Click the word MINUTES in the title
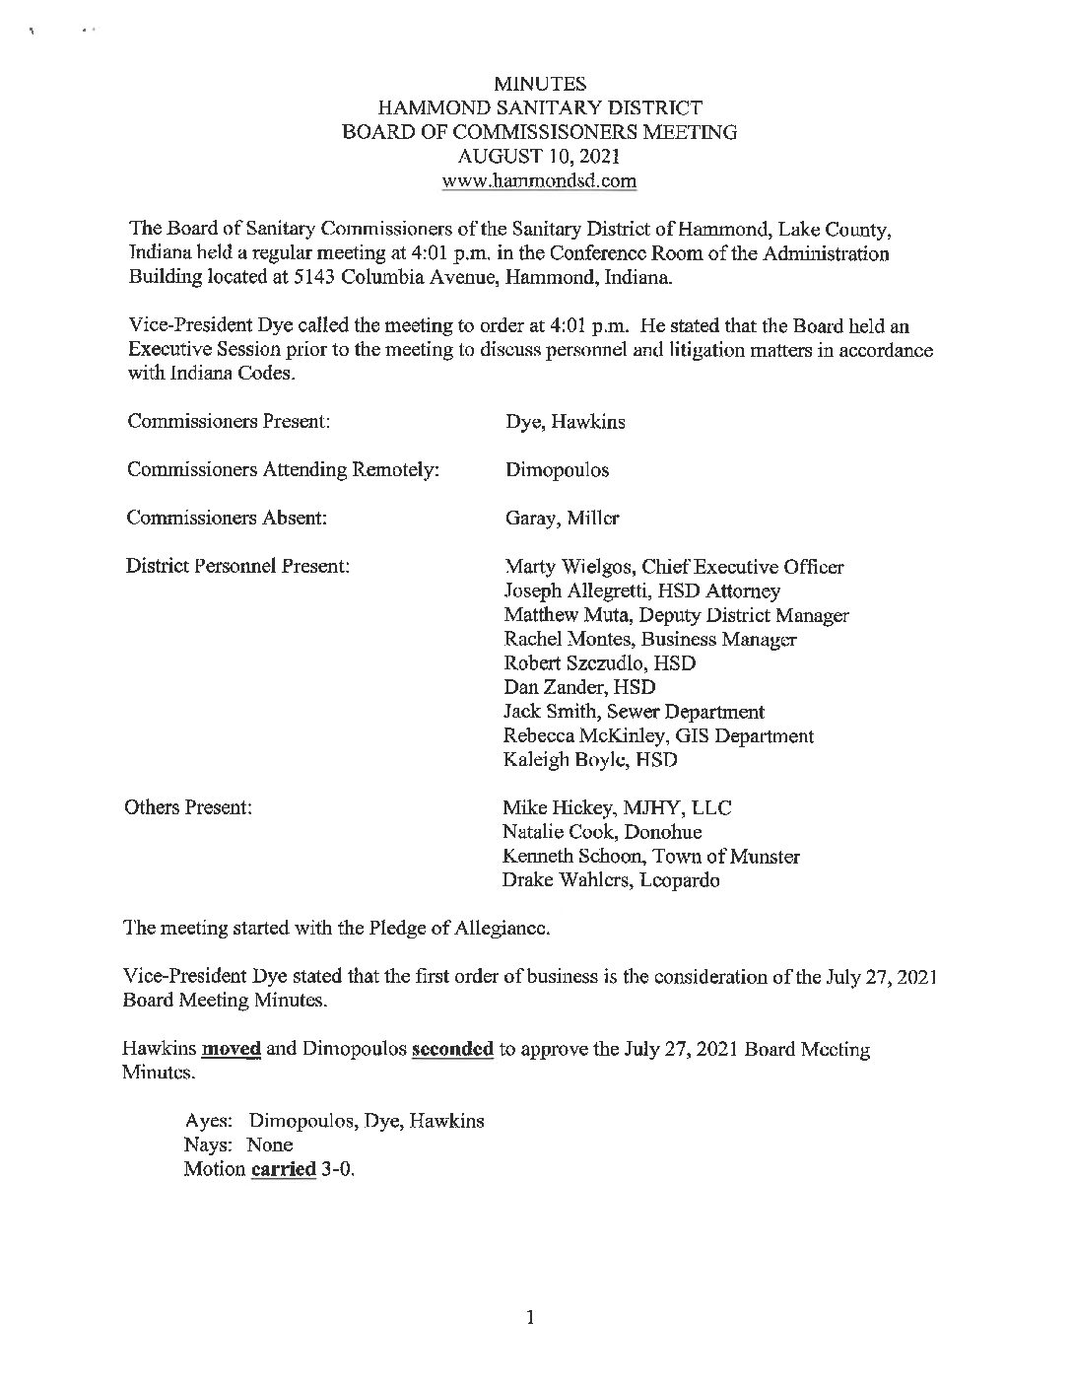tap(539, 86)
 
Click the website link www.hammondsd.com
tap(539, 180)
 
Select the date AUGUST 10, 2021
tap(539, 157)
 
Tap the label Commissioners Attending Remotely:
tap(283, 470)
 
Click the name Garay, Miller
tap(562, 519)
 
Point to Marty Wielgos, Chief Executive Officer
tap(674, 567)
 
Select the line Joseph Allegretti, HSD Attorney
tap(641, 591)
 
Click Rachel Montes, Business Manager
tap(650, 639)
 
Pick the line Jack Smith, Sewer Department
tap(634, 712)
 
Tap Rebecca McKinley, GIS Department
tap(658, 735)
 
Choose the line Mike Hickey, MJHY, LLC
tap(617, 808)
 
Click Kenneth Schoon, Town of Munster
tap(650, 857)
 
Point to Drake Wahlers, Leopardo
tap(611, 880)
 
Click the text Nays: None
tap(238, 1145)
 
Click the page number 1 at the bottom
tap(530, 1318)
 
